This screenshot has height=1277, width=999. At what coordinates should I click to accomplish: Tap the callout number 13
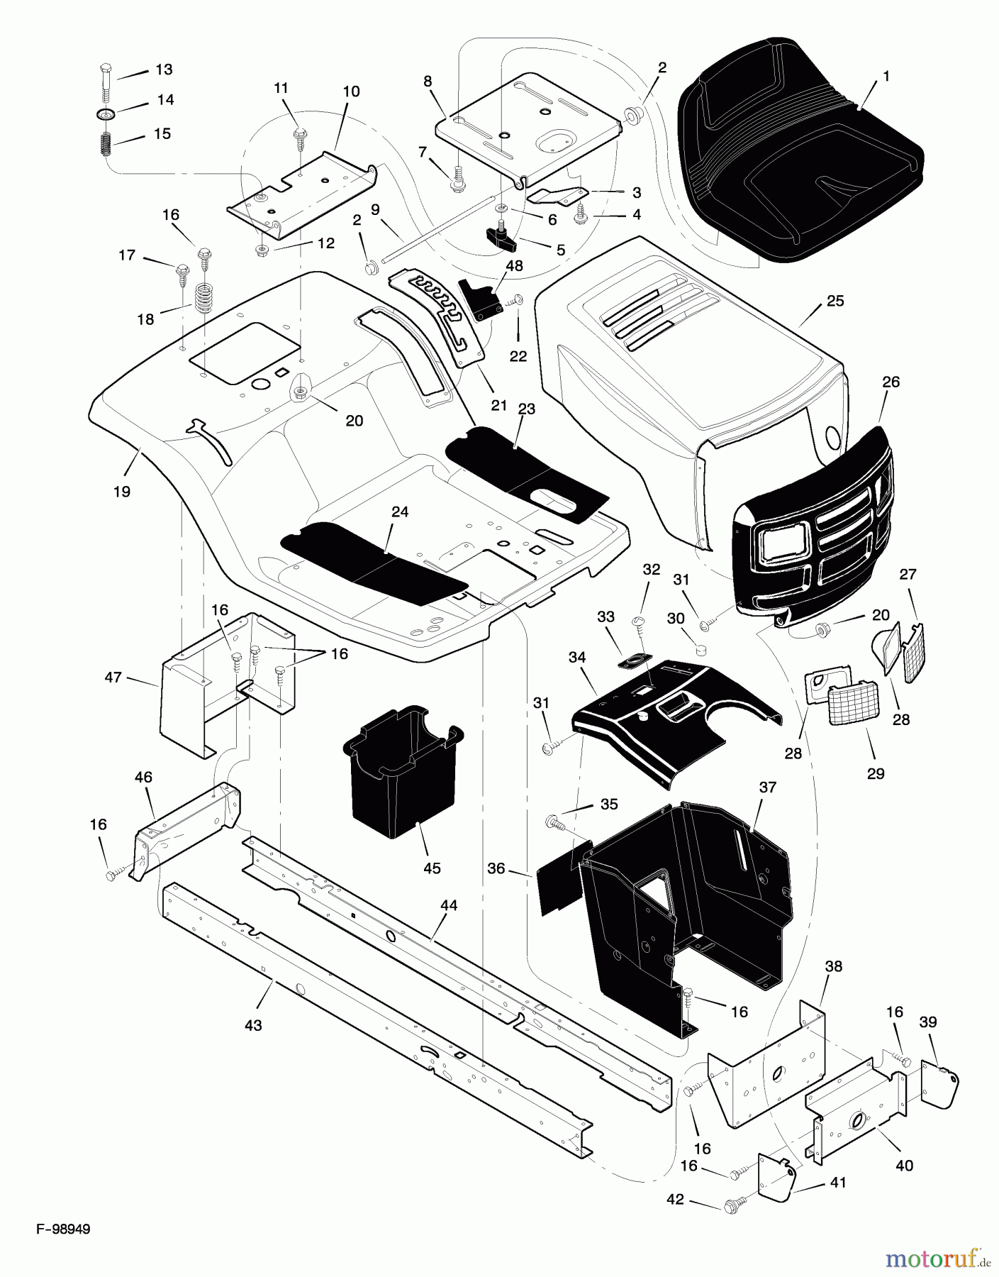coord(164,70)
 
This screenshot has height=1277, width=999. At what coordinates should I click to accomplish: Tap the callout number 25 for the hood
coord(835,301)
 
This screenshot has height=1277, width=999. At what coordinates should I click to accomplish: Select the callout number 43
coord(253,1025)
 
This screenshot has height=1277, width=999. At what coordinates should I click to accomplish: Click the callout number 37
coord(768,787)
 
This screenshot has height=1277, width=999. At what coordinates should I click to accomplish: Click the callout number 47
coord(113,678)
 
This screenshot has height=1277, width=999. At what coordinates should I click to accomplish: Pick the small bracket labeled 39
coord(939,1083)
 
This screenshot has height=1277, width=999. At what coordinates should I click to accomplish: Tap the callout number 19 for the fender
coord(122,491)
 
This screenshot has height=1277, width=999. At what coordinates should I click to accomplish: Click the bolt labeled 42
coord(732,1204)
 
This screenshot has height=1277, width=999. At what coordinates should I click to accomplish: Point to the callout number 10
coord(351,92)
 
